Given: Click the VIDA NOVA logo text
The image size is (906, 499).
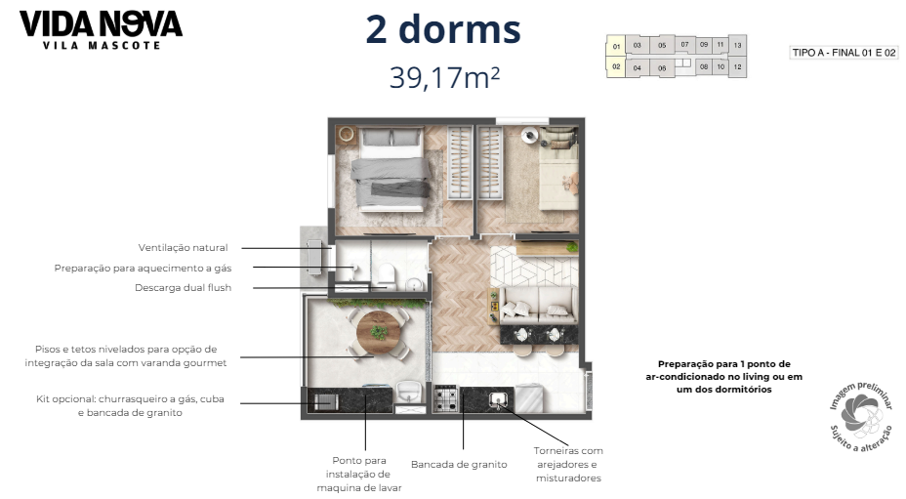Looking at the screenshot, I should (101, 22).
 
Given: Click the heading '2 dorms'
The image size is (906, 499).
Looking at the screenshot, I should (443, 29).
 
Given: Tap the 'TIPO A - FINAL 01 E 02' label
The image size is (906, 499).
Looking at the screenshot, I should (844, 53).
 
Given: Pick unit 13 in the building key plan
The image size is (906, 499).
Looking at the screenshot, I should (738, 45).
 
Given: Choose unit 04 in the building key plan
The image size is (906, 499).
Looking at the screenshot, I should (637, 68).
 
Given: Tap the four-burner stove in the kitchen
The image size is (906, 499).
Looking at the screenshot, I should (447, 398).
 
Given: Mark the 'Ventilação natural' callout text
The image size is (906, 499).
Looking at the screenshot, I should (183, 248).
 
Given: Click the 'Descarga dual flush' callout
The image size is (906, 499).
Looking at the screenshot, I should (183, 287).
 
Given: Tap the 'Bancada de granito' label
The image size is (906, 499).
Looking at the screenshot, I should (459, 464).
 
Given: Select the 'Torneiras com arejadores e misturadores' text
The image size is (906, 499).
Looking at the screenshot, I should (567, 464).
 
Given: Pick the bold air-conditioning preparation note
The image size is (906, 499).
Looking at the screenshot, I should (723, 376).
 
